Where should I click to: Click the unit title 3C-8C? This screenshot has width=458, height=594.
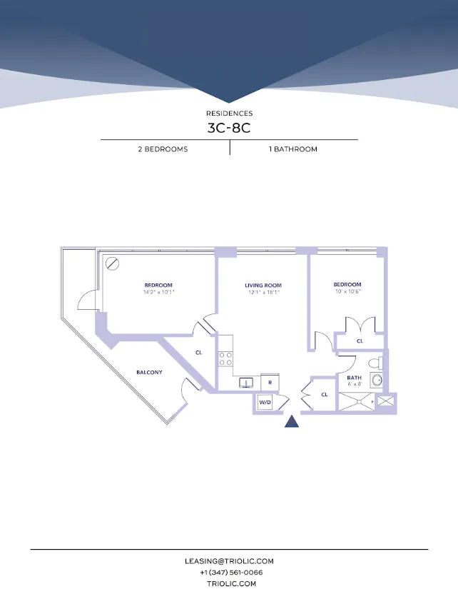(229, 129)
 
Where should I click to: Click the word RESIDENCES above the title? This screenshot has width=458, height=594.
(229, 114)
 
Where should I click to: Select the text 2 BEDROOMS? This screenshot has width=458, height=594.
(163, 149)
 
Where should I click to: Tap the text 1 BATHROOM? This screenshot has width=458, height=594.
(293, 149)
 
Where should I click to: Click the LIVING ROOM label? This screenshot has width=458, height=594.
(263, 285)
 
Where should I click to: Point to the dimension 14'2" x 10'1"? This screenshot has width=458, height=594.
(158, 292)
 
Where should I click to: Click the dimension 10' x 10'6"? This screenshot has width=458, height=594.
(347, 291)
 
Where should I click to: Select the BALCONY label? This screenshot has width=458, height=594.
(149, 372)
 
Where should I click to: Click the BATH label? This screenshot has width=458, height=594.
(354, 378)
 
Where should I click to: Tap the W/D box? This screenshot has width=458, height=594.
(265, 403)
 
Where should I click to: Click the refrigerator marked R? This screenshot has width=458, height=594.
(270, 382)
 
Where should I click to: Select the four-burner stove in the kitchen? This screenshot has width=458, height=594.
(226, 358)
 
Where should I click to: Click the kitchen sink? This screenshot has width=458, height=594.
(245, 383)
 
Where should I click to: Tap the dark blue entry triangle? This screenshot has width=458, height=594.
(292, 421)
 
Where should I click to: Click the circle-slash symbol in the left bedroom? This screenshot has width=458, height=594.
(112, 263)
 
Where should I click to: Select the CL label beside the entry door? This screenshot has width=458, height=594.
(324, 394)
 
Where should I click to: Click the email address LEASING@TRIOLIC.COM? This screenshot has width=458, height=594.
(229, 562)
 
